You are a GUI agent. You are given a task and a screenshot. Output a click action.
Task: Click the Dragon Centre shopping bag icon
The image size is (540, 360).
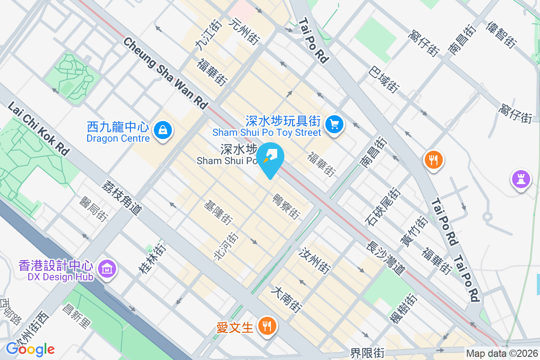pos(162,130)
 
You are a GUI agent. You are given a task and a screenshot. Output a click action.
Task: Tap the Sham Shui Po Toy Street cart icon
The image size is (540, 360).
pos(334,123)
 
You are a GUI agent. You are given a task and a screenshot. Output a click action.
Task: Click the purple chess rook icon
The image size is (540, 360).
pos(521,179)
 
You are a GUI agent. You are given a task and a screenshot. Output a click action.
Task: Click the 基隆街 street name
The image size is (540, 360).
pos(218,213)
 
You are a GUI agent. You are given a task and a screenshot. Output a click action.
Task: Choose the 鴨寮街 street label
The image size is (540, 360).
pos(286,207)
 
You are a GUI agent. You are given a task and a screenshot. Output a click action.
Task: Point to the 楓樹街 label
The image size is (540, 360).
pos(403,315)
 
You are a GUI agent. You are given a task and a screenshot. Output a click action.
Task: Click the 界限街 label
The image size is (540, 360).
pos(368,353)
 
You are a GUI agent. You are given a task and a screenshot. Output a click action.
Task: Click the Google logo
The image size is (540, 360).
pos(31,349)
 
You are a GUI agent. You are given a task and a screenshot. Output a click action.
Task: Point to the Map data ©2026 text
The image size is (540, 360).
pos(501,354)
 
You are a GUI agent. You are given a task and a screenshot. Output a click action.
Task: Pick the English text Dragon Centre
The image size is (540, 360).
pos(118,139)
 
